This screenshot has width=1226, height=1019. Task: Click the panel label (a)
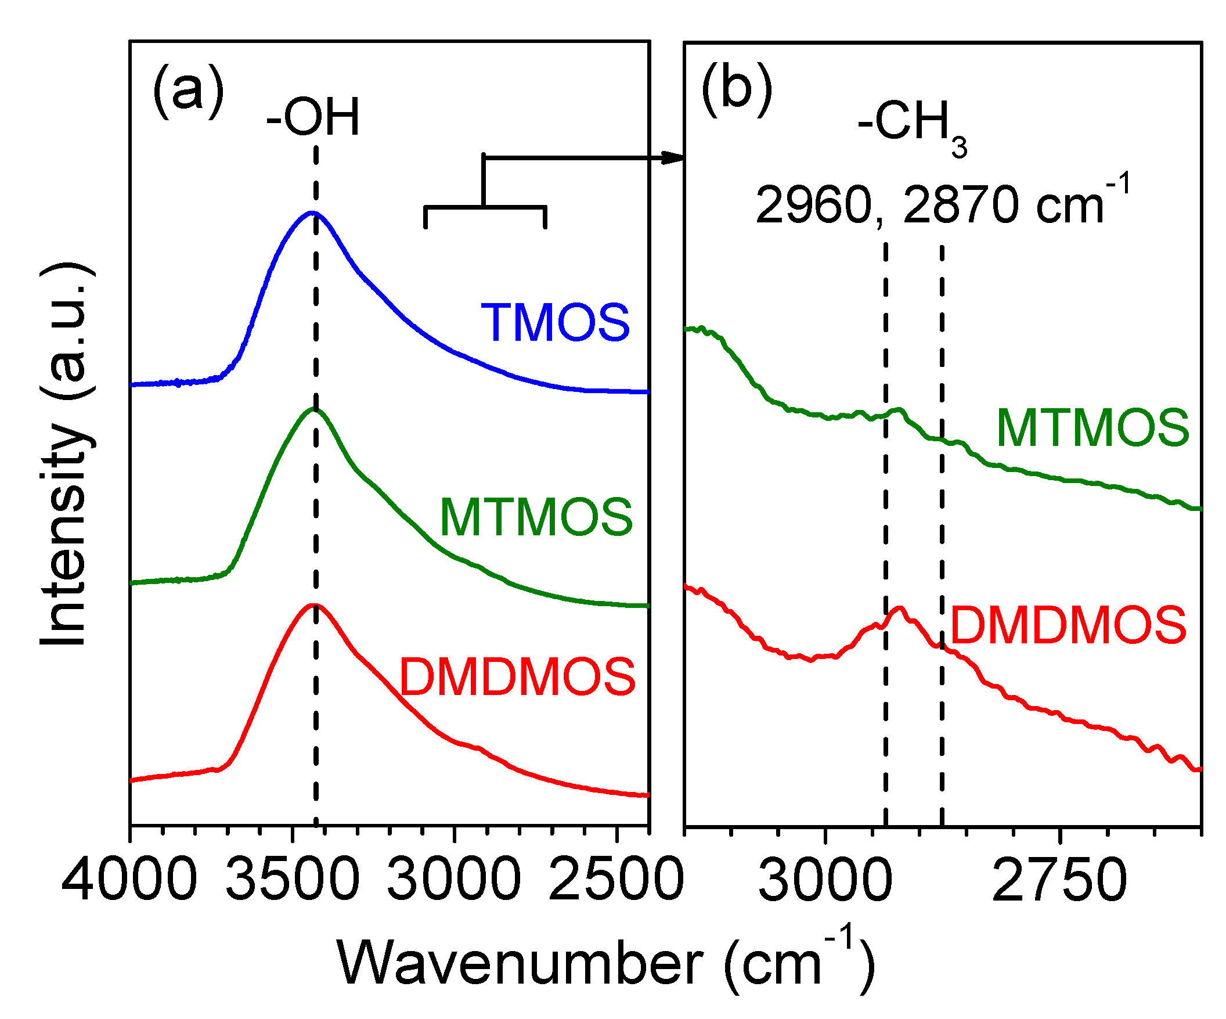click(188, 91)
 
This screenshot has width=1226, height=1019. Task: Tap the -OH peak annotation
click(313, 118)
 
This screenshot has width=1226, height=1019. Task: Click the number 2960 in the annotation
click(813, 206)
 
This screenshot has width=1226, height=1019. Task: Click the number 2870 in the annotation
click(961, 206)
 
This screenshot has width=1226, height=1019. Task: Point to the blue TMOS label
click(555, 322)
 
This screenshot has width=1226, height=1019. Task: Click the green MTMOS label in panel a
click(536, 517)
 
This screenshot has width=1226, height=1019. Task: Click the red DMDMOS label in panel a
click(517, 677)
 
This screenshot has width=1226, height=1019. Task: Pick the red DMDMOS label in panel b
click(1068, 625)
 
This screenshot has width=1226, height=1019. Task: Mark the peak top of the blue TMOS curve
click(313, 213)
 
